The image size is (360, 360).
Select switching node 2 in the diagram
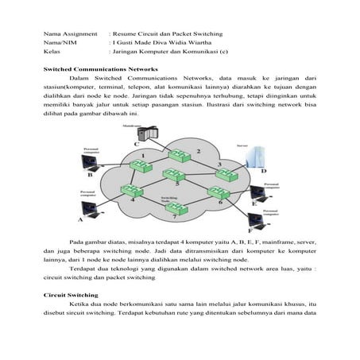pyautogui.click(x=183, y=153)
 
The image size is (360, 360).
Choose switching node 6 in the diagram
pyautogui.click(x=216, y=192)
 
